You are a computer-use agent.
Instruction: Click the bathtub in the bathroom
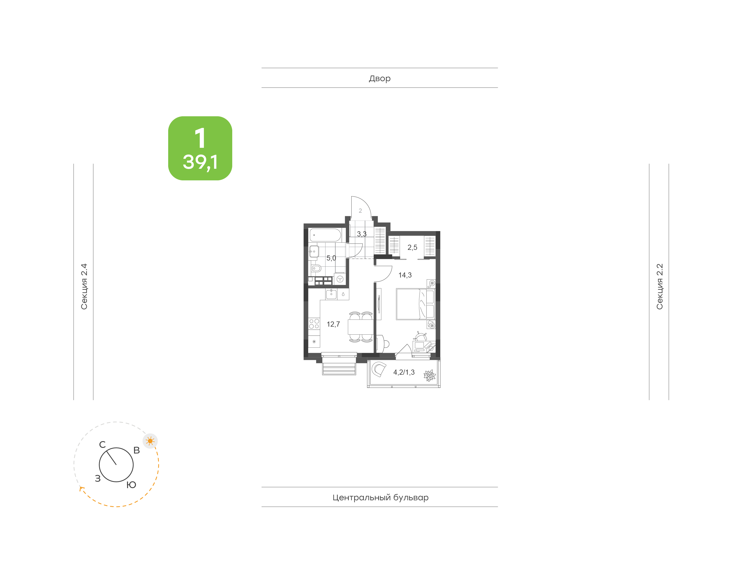click(325, 235)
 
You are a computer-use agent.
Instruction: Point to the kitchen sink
click(331, 294)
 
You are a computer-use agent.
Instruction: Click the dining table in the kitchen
click(360, 327)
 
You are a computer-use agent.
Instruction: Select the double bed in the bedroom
click(415, 304)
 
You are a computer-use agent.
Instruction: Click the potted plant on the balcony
click(430, 375)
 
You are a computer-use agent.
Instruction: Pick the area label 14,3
click(405, 275)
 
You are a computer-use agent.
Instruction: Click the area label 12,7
click(333, 324)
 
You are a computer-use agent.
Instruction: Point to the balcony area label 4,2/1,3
click(404, 372)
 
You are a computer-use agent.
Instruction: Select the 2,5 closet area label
click(412, 248)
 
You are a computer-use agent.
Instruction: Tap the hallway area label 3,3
click(362, 234)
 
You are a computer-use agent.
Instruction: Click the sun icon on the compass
click(150, 441)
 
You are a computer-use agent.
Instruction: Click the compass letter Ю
click(131, 485)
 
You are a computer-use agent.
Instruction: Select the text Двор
click(380, 79)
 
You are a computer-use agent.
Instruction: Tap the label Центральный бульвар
click(380, 497)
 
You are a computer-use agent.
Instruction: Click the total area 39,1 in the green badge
click(200, 162)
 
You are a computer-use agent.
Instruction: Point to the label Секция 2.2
click(659, 287)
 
